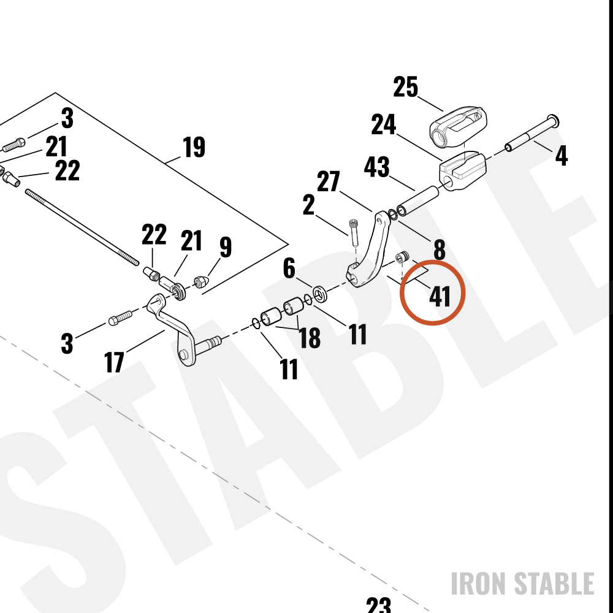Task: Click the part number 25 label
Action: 405,87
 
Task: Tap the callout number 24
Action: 384,124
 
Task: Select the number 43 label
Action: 376,167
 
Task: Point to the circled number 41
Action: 440,297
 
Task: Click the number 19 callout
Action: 194,147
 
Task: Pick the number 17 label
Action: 114,362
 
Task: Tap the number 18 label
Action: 310,338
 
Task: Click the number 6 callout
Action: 289,268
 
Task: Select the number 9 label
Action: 226,246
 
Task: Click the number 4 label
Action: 562,155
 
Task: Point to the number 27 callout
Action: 329,181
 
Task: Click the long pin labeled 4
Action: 532,133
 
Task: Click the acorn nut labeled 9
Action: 200,281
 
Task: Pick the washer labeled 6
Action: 321,294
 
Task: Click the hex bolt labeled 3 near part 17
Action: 120,318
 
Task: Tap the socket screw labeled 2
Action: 354,232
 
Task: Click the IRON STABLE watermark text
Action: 523,584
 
